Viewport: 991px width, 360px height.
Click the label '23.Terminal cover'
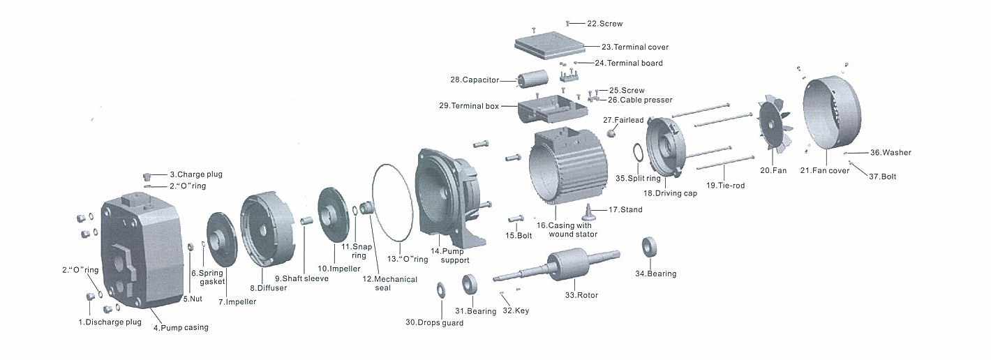(635, 47)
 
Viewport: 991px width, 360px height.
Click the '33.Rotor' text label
(581, 295)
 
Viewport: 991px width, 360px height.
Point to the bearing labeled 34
(650, 247)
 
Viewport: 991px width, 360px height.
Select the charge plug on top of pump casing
(148, 175)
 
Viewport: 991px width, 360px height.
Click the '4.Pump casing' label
(181, 327)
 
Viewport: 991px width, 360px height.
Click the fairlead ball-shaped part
(611, 133)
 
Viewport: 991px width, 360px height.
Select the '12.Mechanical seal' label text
(390, 283)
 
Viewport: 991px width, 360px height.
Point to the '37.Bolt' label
(882, 177)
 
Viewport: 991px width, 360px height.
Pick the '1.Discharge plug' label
(110, 322)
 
